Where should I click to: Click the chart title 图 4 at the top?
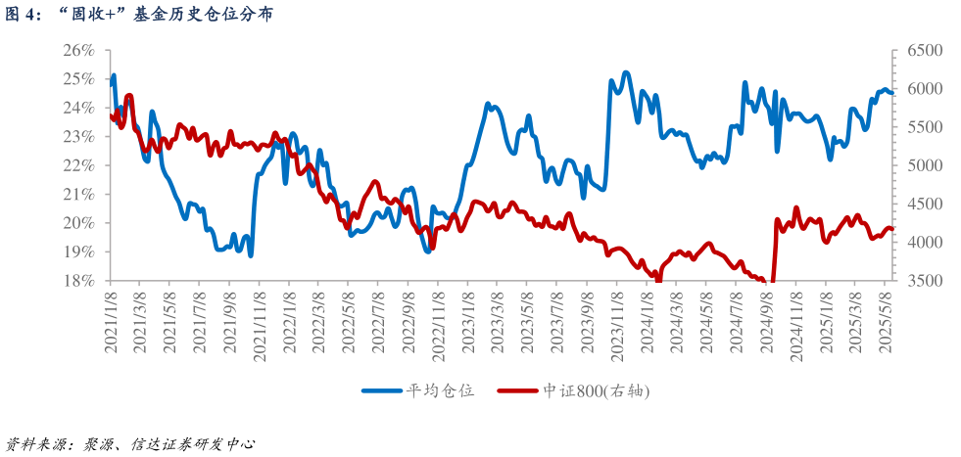[138, 14]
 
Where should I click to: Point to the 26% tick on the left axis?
[79, 50]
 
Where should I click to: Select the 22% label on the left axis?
[79, 165]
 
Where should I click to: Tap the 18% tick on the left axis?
[79, 281]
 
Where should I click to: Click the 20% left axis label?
[79, 223]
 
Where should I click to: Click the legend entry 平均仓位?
[440, 390]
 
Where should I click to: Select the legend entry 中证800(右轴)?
[596, 390]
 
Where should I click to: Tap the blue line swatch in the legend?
[382, 390]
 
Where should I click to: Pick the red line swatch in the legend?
[518, 390]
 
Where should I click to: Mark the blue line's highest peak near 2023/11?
[626, 72]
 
